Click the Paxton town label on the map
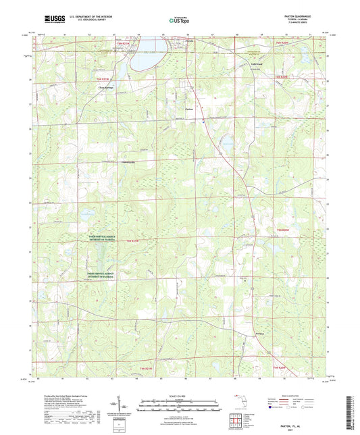tap(190, 109)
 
